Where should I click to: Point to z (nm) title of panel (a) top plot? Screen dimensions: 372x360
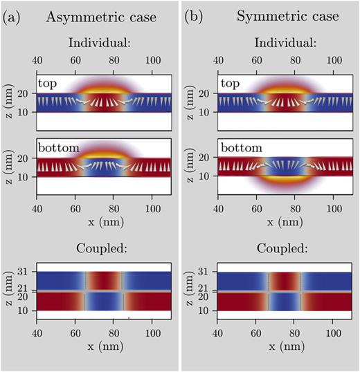pyautogui.click(x=9, y=101)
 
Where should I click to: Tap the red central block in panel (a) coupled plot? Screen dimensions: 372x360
pyautogui.click(x=104, y=281)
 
